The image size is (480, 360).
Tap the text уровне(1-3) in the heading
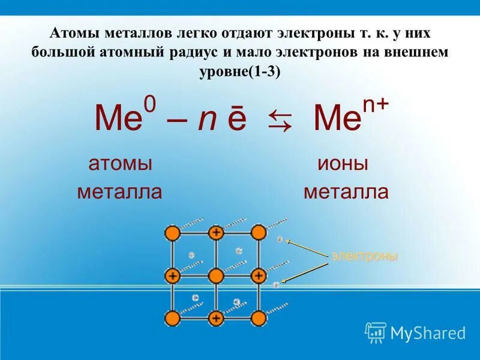239,71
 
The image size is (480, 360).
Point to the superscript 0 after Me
149,106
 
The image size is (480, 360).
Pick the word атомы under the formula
120,164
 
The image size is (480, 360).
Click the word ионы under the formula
343,164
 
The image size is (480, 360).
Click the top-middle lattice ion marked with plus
215,233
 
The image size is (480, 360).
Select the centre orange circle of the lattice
215,275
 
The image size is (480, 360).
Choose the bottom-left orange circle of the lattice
173,318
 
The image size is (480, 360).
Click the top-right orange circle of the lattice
258,232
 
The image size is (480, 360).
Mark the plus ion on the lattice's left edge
173,275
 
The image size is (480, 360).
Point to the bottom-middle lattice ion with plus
215,318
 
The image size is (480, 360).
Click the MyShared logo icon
376,332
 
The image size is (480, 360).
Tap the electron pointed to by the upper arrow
280,239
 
